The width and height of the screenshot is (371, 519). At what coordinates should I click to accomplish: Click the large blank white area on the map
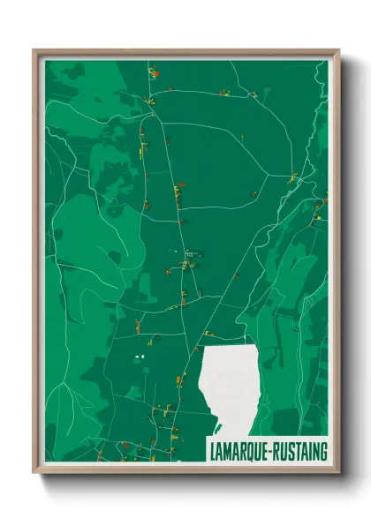(x=231, y=380)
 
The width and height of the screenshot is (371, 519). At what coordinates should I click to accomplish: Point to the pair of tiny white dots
(x=138, y=357)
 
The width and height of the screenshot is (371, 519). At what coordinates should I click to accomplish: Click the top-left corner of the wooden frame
(x=34, y=50)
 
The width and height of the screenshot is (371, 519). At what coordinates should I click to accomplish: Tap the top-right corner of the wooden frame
(x=338, y=50)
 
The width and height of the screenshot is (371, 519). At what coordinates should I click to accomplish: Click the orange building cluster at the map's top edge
(x=153, y=72)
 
